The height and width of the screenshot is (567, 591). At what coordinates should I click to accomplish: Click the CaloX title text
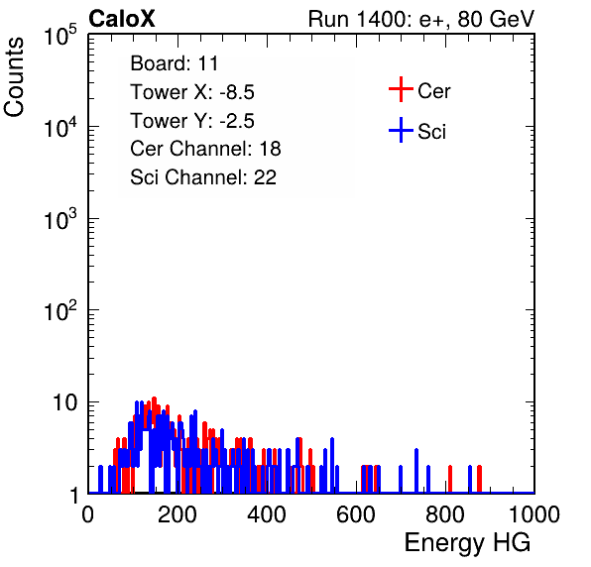click(x=121, y=19)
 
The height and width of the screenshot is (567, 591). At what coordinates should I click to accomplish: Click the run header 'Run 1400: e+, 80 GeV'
click(x=421, y=19)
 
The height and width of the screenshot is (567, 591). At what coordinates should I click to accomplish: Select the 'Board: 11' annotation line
click(x=175, y=63)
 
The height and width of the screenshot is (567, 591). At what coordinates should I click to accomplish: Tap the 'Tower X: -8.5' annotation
click(x=192, y=92)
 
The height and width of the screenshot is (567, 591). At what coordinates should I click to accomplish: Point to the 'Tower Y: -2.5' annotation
click(x=192, y=121)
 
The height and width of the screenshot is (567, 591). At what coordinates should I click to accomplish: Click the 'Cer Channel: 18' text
click(x=205, y=149)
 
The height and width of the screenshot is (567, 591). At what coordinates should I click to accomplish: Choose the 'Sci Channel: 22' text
click(x=203, y=177)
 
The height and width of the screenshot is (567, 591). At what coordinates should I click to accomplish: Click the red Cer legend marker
click(x=401, y=89)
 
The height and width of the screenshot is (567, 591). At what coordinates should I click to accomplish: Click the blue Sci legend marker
click(x=401, y=130)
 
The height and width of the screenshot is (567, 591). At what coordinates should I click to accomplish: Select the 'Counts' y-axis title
click(x=14, y=76)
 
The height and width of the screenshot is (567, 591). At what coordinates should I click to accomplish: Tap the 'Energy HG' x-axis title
click(x=467, y=542)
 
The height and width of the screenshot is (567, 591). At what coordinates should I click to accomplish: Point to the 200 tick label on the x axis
click(x=177, y=514)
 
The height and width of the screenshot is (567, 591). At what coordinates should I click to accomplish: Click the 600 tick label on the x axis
click(x=356, y=514)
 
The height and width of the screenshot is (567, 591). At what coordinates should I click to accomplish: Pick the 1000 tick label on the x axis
click(x=534, y=514)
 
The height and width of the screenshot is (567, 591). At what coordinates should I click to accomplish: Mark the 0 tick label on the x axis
click(x=88, y=514)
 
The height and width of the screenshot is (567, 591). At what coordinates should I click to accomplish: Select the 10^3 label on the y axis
click(x=60, y=219)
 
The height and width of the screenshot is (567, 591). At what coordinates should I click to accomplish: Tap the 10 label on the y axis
click(x=64, y=402)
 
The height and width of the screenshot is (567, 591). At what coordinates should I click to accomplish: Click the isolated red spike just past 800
click(x=449, y=479)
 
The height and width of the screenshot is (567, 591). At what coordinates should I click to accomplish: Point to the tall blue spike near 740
click(x=416, y=471)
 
